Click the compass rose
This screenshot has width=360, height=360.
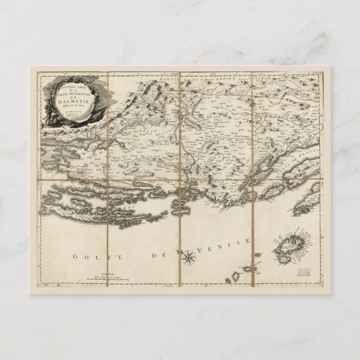pyautogui.click(x=190, y=257)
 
